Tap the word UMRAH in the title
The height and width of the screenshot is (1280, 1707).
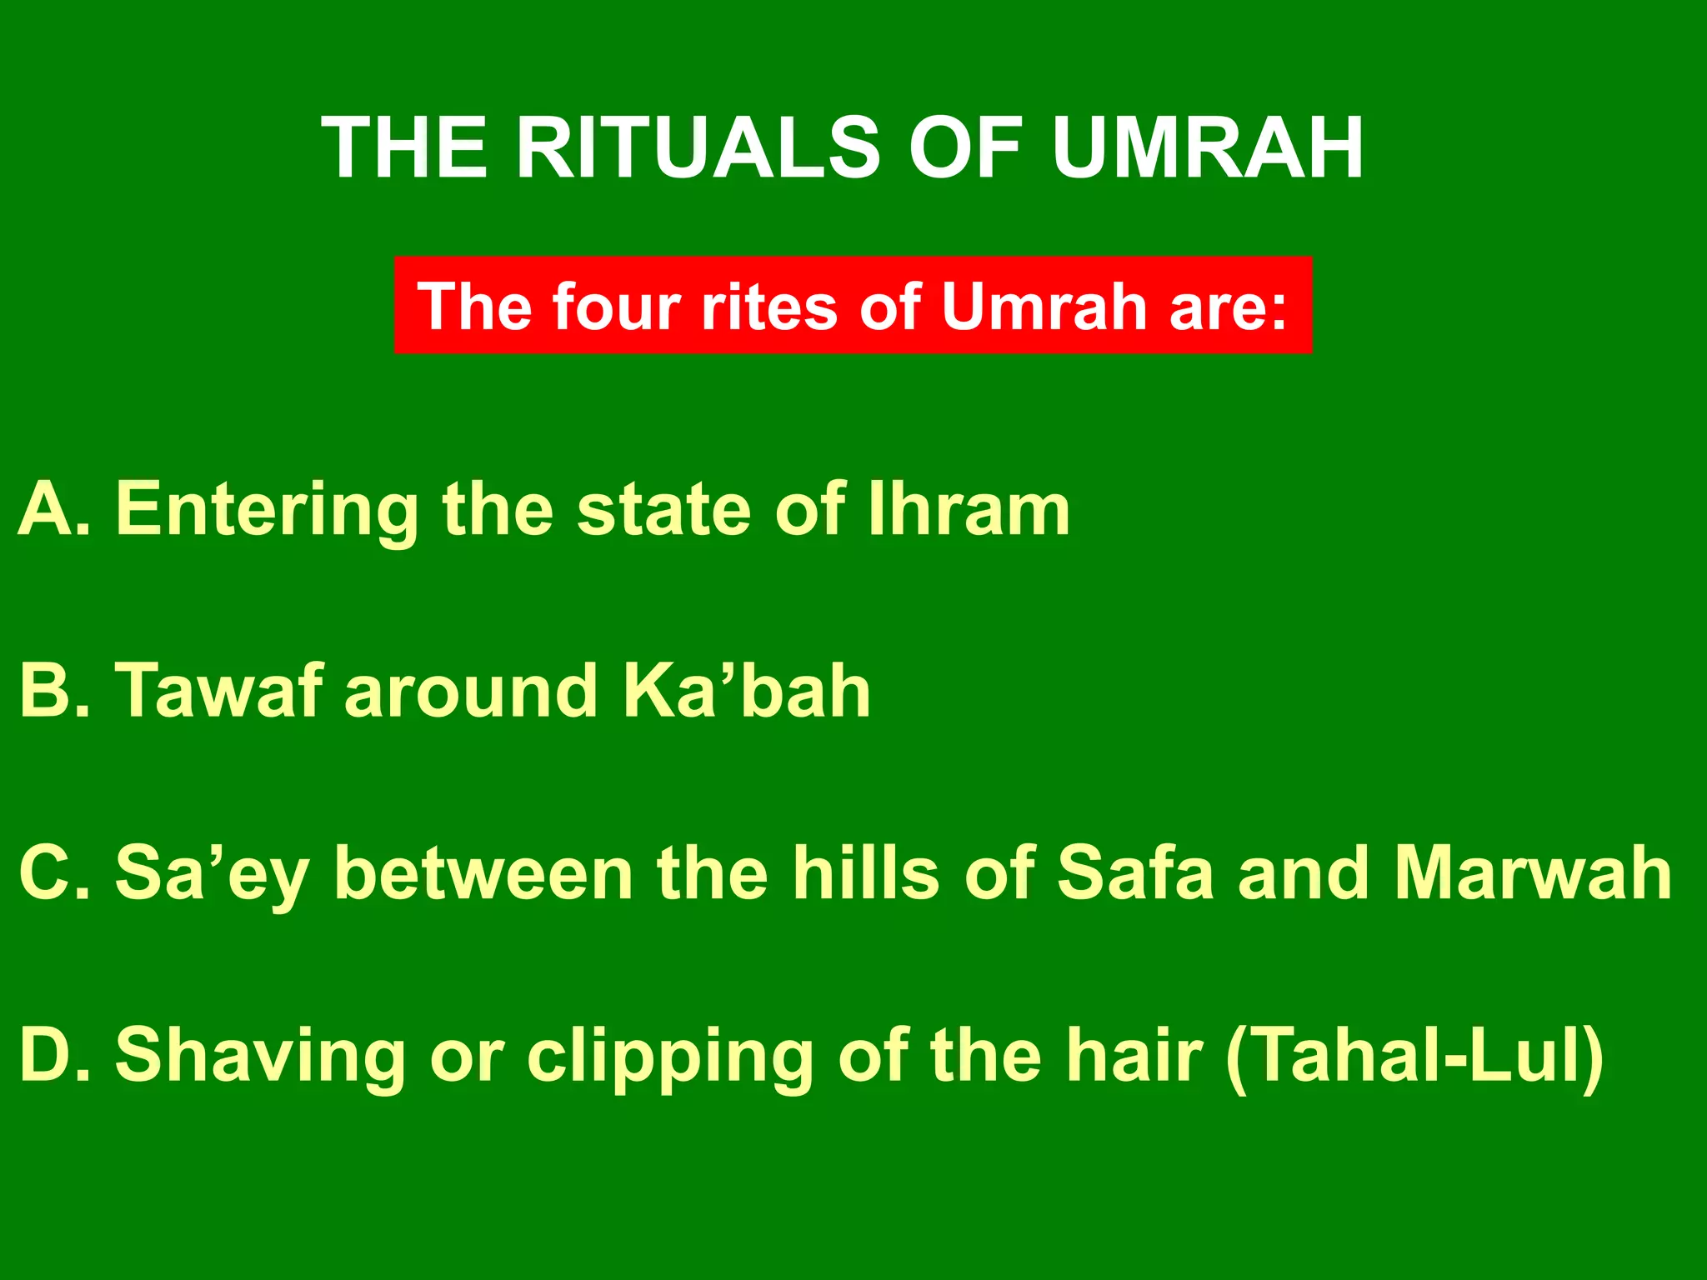[1207, 148]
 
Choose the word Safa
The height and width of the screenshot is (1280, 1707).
[1135, 872]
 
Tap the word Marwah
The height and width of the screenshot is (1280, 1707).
[1533, 872]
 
